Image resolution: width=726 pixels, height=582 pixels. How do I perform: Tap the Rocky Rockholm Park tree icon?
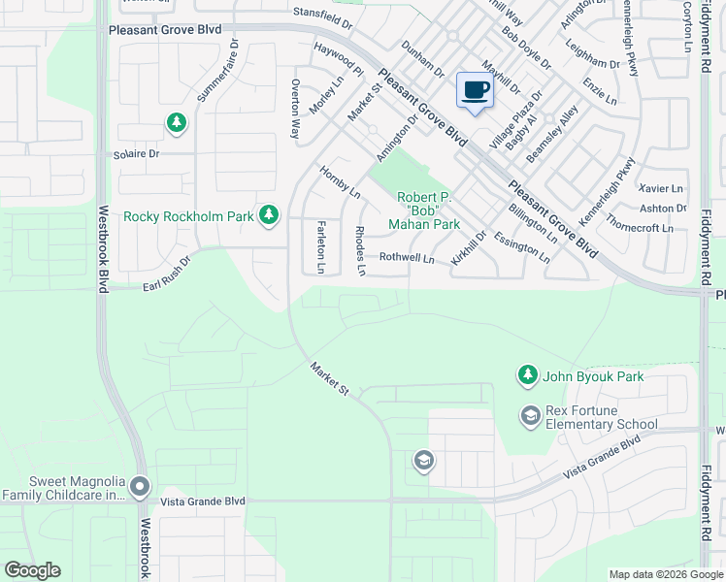[x=270, y=215]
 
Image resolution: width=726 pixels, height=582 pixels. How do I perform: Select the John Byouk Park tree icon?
[x=527, y=374]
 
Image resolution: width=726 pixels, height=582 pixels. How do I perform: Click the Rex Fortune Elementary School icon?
[x=530, y=416]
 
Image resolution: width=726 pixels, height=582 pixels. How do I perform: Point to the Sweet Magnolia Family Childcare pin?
[x=140, y=485]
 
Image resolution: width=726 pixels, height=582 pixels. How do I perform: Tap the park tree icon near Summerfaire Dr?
[x=177, y=122]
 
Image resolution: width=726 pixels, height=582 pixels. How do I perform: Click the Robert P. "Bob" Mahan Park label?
[x=427, y=211]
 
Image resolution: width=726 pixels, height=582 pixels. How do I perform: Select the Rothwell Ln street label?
[x=406, y=258]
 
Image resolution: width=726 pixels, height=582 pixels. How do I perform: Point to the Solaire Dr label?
[x=140, y=153]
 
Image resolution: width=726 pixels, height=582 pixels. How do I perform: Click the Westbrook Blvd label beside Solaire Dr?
[x=102, y=252]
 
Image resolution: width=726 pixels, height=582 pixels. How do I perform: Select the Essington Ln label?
[x=521, y=247]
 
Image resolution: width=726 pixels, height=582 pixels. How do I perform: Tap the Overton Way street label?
[x=294, y=107]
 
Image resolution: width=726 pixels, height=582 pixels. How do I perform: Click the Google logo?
[x=32, y=570]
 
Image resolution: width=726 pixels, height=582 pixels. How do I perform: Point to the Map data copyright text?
[x=666, y=574]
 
